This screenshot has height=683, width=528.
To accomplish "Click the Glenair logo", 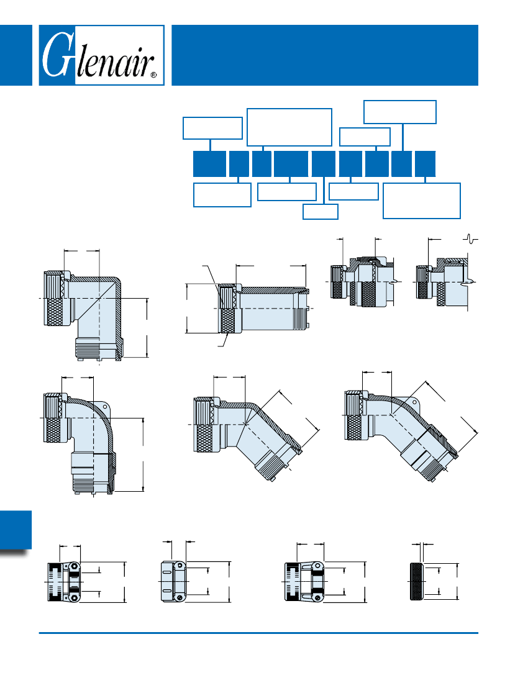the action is [x=101, y=55].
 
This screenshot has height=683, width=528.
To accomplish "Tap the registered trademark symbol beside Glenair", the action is [x=153, y=75].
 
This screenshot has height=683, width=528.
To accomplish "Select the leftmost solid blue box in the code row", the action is [x=209, y=164].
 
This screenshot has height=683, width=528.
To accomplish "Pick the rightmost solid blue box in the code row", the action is [x=425, y=164].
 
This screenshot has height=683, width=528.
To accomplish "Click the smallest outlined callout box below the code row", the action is [x=321, y=212].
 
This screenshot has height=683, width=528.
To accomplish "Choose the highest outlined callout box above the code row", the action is [x=400, y=112].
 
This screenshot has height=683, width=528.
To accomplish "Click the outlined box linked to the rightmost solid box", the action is [x=422, y=201].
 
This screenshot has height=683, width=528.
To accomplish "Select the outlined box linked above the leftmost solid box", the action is [x=212, y=128].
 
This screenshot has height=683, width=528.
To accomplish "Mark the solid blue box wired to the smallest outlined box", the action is [x=324, y=164].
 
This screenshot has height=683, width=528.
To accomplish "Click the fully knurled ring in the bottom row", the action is [x=417, y=582].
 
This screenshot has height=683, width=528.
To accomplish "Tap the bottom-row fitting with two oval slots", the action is [x=174, y=582].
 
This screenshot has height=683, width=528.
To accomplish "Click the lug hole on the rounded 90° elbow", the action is [x=106, y=405].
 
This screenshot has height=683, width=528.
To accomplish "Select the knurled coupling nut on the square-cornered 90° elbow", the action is [x=54, y=299].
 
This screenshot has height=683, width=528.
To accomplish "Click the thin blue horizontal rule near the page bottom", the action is [x=258, y=633].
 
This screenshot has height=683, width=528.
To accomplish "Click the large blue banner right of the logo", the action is [x=325, y=55].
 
